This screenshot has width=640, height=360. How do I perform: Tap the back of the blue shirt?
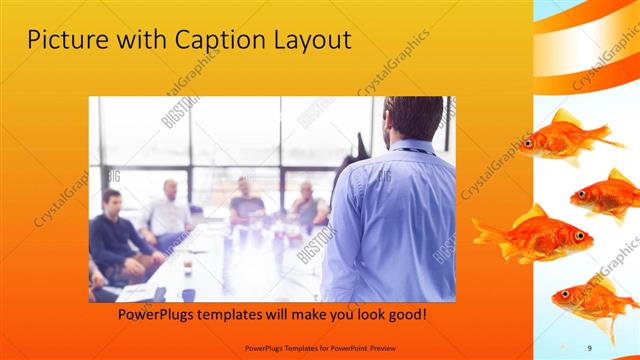click(390, 215)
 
